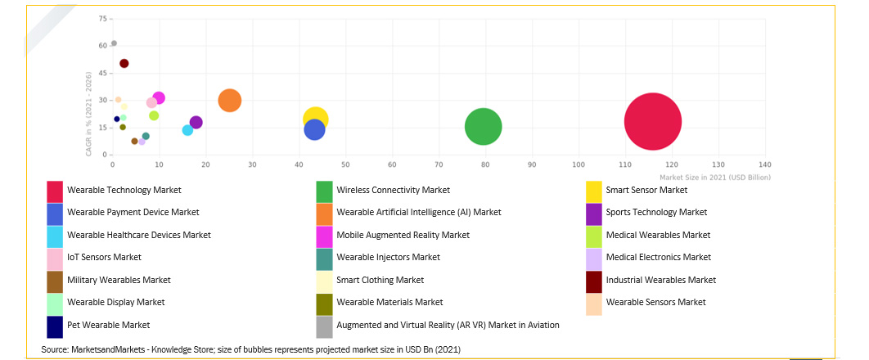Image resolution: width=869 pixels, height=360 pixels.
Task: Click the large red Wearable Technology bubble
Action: point(653,121)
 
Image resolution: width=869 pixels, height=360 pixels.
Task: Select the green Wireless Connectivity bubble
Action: point(483,127)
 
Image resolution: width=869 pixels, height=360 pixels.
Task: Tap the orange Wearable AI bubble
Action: point(230,101)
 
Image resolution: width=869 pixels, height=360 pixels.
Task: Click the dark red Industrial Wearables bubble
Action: point(124,63)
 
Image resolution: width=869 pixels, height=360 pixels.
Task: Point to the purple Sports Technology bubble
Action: point(196,123)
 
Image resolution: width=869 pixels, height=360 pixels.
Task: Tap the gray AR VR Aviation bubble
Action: point(114,43)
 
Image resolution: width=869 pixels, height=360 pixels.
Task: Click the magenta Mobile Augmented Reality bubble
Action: point(159,98)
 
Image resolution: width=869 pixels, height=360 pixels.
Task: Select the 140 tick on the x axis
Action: point(765,164)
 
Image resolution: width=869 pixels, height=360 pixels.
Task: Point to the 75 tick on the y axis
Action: point(102,18)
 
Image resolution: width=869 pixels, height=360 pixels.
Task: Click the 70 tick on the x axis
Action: point(439,164)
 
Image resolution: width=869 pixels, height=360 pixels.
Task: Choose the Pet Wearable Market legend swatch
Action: point(55,326)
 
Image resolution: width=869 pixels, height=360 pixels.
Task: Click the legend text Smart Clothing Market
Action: point(380,280)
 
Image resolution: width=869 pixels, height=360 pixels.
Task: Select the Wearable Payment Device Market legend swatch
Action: point(55,213)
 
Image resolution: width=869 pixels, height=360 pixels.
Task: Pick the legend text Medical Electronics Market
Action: point(658,257)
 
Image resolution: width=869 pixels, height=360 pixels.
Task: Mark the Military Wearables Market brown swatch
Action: point(55,281)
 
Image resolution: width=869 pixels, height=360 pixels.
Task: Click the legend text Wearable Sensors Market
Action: point(655,303)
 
